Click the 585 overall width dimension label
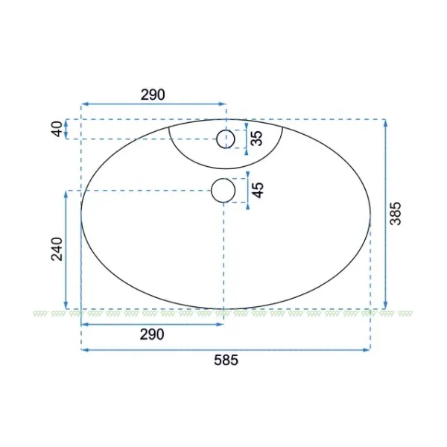(226, 360)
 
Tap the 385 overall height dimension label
(396, 214)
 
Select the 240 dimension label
(57, 249)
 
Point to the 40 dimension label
(57, 129)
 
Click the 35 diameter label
(257, 139)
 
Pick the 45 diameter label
(258, 190)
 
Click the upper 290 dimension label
(153, 95)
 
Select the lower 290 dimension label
(152, 335)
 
